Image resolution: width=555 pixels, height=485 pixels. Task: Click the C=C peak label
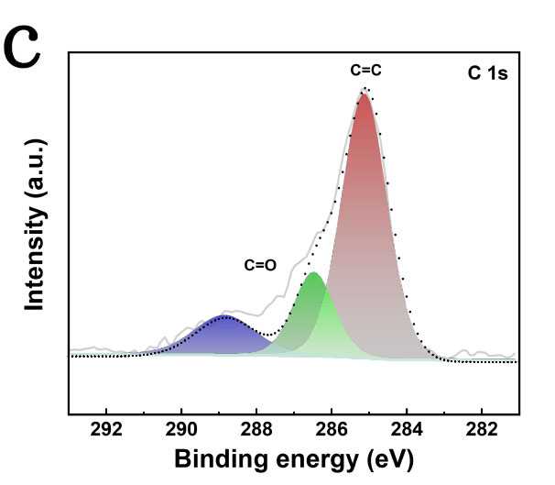click(x=366, y=70)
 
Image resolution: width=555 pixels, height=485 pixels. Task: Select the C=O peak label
click(x=260, y=265)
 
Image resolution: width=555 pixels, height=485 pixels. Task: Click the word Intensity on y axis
click(x=36, y=262)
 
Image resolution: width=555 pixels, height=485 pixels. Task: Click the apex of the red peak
click(x=365, y=94)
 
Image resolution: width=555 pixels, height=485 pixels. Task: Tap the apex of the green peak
click(x=313, y=273)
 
